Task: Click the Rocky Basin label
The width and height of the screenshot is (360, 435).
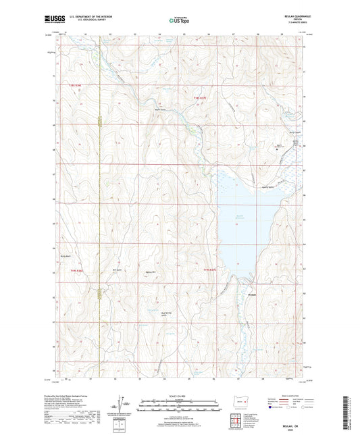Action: (66, 256)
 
